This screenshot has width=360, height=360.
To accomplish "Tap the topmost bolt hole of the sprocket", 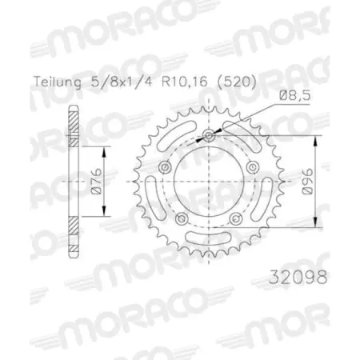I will tap(208, 137).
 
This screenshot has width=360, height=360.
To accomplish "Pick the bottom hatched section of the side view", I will tap(74, 239).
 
